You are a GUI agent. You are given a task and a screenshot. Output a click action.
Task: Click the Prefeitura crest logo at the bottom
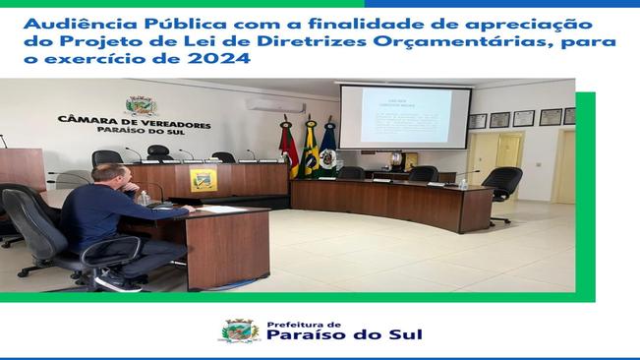point(238,330)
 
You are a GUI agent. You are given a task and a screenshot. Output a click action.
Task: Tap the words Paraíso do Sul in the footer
point(344,335)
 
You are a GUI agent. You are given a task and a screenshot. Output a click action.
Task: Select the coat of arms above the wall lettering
point(141,105)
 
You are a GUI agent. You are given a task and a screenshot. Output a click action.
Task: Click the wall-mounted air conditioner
point(274,105)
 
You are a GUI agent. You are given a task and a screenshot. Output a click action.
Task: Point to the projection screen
point(405,117)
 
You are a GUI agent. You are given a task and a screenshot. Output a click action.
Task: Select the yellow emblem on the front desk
point(203,180)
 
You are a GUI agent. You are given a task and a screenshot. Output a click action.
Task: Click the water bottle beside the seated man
point(145,198)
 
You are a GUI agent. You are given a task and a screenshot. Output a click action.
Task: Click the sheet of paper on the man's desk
point(222,208)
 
